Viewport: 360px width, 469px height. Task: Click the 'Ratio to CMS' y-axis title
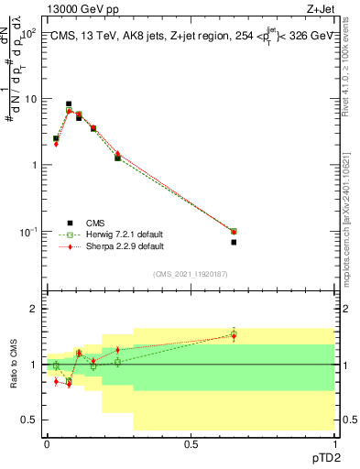[x=14, y=365]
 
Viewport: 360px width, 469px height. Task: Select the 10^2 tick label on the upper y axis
[x=27, y=33]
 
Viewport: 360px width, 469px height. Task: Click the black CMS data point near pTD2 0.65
[x=234, y=242]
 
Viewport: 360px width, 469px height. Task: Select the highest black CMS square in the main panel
[x=69, y=104]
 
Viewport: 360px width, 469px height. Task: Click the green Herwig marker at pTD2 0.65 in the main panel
[x=234, y=231]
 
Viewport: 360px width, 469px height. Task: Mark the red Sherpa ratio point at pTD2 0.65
[x=234, y=336]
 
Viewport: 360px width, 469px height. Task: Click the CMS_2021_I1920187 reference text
[x=190, y=274]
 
